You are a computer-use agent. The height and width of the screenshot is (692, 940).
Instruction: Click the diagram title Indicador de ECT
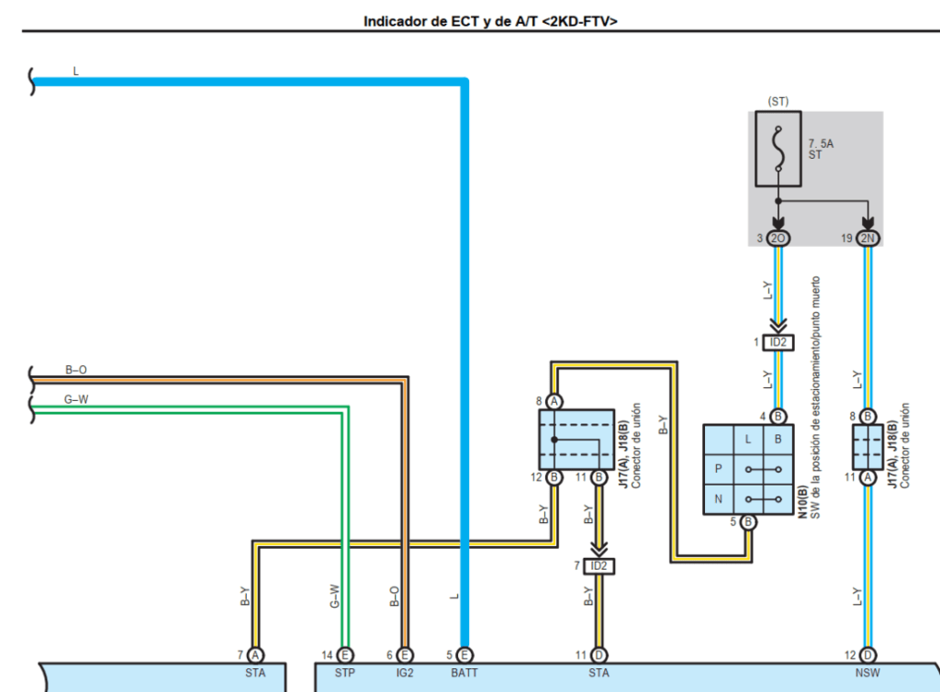489,19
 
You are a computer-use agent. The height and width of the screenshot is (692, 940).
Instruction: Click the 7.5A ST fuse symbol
778,149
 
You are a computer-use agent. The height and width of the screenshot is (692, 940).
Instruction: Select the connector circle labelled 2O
778,239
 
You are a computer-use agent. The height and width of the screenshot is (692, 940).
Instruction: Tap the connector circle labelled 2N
867,239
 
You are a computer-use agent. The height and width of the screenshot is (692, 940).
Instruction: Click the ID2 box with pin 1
778,342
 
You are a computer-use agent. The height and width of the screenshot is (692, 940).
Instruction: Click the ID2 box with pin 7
599,566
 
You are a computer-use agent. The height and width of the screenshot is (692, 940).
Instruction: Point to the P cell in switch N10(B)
718,469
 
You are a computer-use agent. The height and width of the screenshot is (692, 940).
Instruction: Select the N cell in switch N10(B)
718,500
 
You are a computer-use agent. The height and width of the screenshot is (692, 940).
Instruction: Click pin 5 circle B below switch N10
748,523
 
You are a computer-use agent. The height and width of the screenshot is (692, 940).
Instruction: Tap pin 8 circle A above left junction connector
554,401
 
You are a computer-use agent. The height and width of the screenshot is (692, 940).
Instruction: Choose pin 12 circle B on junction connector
554,477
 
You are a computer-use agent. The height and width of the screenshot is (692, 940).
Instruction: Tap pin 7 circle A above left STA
255,655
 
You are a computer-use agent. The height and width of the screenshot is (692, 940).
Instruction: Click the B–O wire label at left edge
76,370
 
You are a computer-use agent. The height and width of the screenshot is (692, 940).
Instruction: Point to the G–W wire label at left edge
76,399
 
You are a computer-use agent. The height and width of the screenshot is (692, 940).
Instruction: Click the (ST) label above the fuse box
778,102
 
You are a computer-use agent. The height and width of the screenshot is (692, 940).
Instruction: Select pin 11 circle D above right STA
599,655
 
